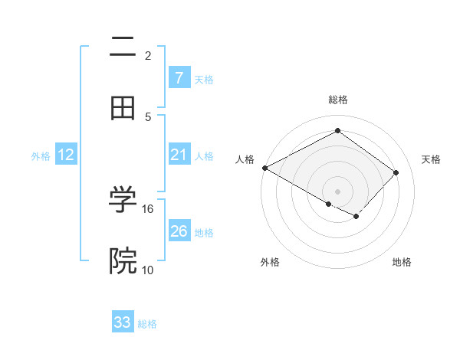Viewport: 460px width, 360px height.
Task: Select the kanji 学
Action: pyautogui.click(x=123, y=198)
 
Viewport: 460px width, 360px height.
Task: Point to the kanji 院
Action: pyautogui.click(x=123, y=261)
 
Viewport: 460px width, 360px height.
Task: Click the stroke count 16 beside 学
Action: pyautogui.click(x=148, y=208)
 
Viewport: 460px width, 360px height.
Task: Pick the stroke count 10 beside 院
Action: pyautogui.click(x=148, y=270)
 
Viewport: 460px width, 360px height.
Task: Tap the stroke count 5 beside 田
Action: pyautogui.click(x=148, y=116)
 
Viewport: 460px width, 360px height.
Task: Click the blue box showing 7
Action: pyautogui.click(x=179, y=78)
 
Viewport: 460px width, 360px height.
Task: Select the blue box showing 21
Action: pyautogui.click(x=179, y=155)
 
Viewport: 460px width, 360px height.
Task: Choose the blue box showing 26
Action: pyautogui.click(x=179, y=231)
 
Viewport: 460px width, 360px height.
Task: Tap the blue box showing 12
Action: pyautogui.click(x=66, y=155)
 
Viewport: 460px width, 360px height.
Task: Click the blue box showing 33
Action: pyautogui.click(x=123, y=322)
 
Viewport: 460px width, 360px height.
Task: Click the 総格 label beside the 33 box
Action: pyautogui.click(x=147, y=324)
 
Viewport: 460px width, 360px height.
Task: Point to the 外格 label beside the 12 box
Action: pyautogui.click(x=41, y=156)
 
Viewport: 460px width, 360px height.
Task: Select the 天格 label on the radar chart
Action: pyautogui.click(x=431, y=159)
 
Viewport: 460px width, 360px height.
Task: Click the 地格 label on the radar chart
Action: pyautogui.click(x=402, y=262)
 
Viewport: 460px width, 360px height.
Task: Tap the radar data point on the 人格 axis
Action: pyautogui.click(x=264, y=168)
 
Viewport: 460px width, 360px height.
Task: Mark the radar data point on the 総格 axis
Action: pyautogui.click(x=337, y=131)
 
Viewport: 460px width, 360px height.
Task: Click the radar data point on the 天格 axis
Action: pyautogui.click(x=396, y=172)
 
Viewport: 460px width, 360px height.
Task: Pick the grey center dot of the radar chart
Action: pyautogui.click(x=337, y=191)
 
